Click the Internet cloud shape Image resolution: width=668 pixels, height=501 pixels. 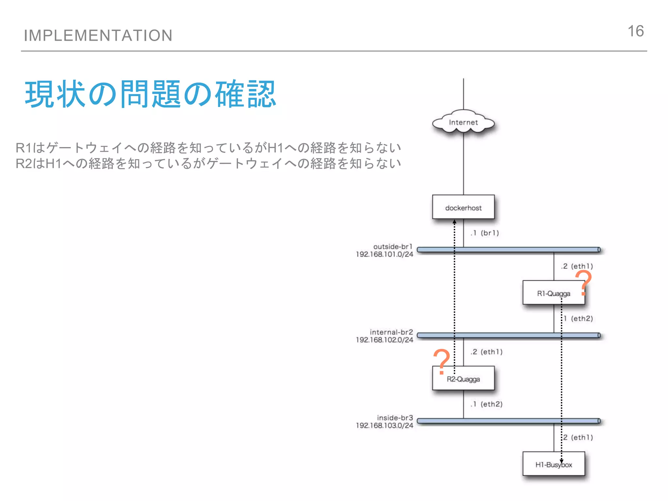point(463,123)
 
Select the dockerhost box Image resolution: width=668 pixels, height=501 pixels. point(463,207)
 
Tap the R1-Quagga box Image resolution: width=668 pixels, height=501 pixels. point(554,293)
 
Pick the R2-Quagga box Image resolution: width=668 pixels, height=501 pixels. point(463,379)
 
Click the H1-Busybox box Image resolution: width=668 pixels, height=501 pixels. point(554,464)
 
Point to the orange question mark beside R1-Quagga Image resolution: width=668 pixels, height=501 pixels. point(584,282)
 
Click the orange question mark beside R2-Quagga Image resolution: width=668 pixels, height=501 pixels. point(442,361)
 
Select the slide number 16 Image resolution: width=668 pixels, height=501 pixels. point(635,31)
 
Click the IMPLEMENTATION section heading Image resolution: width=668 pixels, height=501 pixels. point(98,35)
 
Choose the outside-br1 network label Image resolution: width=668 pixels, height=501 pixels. point(393,247)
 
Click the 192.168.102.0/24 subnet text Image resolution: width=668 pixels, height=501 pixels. point(384,340)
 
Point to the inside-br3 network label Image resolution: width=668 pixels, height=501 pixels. point(395,418)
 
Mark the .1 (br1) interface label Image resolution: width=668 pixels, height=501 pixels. point(485,233)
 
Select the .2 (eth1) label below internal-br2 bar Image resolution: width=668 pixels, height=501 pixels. point(486,352)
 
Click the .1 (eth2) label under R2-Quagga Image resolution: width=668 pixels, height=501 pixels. point(486,404)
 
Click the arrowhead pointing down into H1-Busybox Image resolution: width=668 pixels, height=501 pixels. point(561,461)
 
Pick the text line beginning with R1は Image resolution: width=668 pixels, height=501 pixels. point(208,148)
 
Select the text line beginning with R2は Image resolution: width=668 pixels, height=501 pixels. point(208,163)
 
